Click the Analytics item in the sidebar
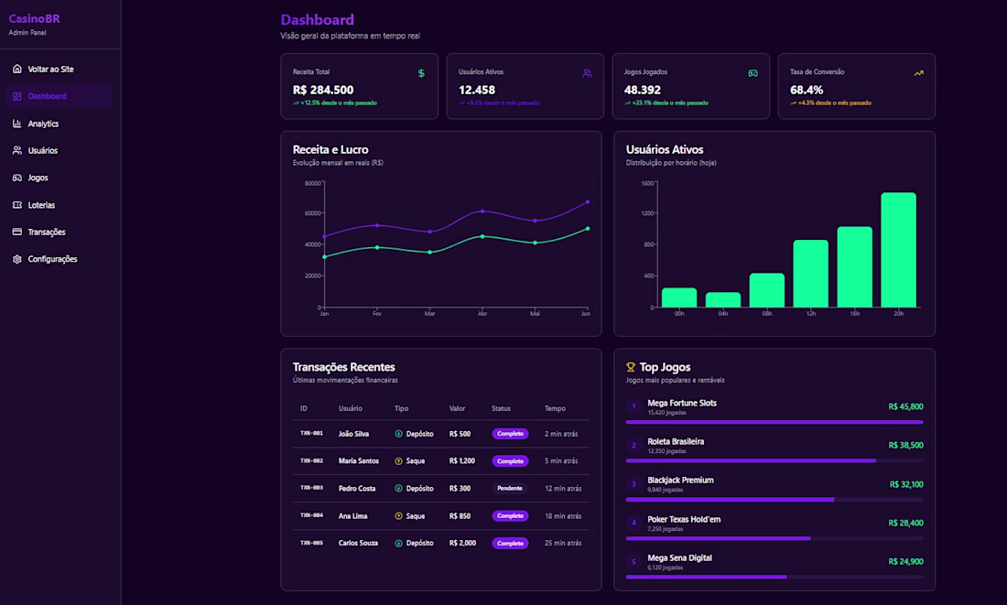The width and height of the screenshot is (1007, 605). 43,124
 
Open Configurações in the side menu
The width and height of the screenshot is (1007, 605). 52,259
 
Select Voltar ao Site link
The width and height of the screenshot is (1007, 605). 50,70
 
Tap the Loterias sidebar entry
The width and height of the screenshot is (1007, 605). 41,205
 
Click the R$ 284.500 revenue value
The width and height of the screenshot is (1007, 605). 323,90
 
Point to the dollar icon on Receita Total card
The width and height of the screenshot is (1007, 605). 421,73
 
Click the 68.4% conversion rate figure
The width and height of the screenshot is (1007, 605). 807,90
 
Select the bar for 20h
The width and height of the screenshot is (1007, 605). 898,250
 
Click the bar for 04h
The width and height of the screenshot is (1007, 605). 723,299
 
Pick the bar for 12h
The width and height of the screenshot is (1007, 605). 810,274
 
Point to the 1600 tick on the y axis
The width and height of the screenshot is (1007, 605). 648,183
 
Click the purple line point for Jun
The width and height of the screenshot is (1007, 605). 587,201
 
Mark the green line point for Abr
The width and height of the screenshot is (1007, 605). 482,236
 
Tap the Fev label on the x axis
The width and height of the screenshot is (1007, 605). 377,314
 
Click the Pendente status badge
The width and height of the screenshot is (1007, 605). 510,488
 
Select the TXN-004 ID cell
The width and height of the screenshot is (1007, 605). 311,515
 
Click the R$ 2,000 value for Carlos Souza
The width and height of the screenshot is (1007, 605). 462,543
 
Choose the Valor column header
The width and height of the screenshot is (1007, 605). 458,408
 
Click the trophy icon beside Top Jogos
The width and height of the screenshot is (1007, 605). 631,367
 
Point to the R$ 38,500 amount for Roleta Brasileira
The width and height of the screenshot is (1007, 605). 905,445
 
